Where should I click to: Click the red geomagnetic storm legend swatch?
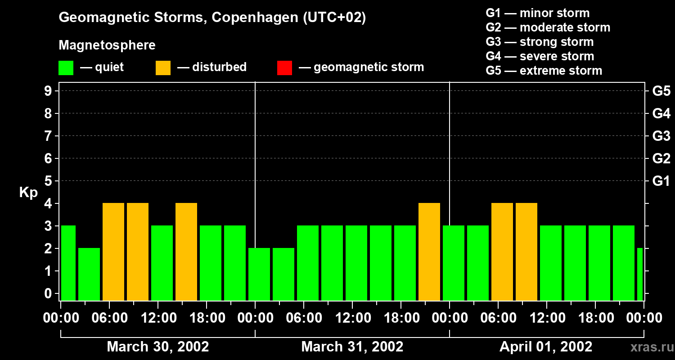point(284,67)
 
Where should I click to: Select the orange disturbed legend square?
point(163,67)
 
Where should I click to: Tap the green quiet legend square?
point(66,67)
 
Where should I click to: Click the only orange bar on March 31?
point(429,252)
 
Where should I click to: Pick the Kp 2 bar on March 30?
point(89,274)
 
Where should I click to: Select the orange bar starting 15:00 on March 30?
point(186,252)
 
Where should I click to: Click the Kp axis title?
point(28,193)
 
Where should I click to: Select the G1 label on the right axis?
point(661,181)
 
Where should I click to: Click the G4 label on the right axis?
point(661,113)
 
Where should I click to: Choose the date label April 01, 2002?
point(546,347)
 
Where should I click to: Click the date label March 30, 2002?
point(157,347)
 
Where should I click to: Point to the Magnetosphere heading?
point(107,45)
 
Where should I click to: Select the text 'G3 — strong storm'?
point(540,42)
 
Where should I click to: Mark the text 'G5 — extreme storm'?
point(544,71)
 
